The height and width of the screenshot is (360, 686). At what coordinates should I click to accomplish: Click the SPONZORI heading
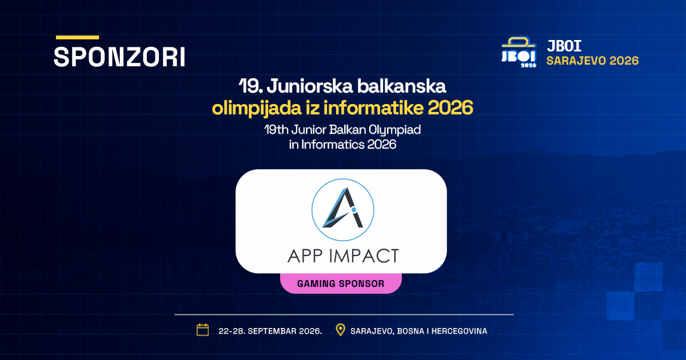pyautogui.click(x=119, y=57)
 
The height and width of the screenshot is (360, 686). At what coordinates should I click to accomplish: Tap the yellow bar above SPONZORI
pyautogui.click(x=78, y=37)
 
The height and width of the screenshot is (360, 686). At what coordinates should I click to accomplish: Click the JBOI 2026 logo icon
pyautogui.click(x=519, y=52)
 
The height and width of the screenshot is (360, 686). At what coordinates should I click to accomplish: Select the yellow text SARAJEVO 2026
pyautogui.click(x=593, y=61)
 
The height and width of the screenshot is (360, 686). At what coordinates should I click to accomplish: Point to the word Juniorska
pyautogui.click(x=310, y=86)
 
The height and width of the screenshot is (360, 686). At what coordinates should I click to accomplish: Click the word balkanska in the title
pyautogui.click(x=401, y=86)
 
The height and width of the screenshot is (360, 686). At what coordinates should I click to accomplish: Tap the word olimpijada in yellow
pyautogui.click(x=257, y=109)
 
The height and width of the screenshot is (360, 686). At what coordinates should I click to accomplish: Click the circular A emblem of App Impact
pyautogui.click(x=342, y=210)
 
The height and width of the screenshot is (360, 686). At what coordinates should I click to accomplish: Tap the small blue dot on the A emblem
pyautogui.click(x=354, y=210)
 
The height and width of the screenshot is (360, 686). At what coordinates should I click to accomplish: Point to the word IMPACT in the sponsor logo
pyautogui.click(x=364, y=256)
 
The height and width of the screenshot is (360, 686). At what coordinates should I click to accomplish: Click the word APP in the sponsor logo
pyautogui.click(x=305, y=256)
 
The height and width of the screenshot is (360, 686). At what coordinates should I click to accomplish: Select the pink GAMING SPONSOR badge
pyautogui.click(x=341, y=283)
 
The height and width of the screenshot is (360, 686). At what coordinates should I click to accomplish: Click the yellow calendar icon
pyautogui.click(x=202, y=330)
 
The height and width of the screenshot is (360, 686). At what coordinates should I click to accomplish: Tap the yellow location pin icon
pyautogui.click(x=340, y=330)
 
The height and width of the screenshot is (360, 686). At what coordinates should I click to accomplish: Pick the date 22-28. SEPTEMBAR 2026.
pyautogui.click(x=270, y=331)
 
